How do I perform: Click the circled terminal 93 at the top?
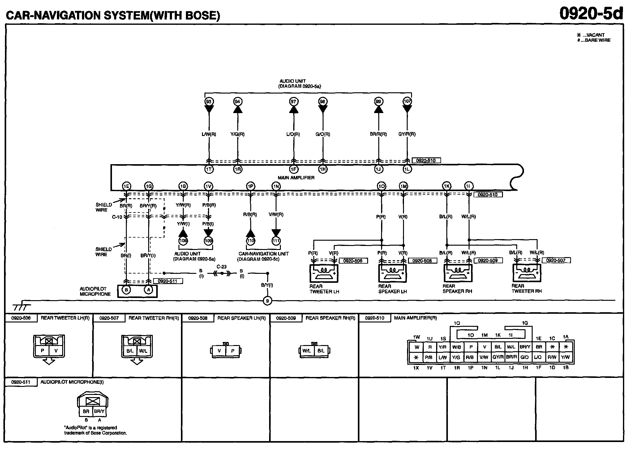[209, 102]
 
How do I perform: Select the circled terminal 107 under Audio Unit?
[407, 102]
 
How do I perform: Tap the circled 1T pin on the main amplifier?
[209, 169]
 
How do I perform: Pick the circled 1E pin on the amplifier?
[126, 186]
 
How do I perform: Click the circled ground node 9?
[267, 301]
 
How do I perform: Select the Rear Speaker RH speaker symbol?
[458, 273]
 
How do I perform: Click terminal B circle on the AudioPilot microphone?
[126, 290]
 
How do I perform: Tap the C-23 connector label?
[221, 266]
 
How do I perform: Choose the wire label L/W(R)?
[208, 134]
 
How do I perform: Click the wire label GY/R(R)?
[407, 134]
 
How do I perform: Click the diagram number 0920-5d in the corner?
[591, 14]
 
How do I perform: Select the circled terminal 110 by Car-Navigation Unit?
[251, 241]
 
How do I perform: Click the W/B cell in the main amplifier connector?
[457, 347]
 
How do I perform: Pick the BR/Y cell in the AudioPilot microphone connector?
[99, 412]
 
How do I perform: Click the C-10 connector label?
[117, 217]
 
